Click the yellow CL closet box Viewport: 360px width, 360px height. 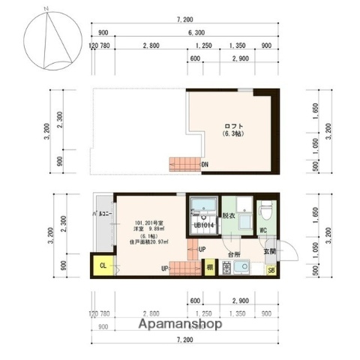pyautogui.click(x=102, y=264)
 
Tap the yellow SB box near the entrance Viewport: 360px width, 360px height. pyautogui.click(x=271, y=270)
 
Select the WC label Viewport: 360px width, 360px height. pyautogui.click(x=263, y=230)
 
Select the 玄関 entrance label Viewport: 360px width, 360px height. pyautogui.click(x=270, y=251)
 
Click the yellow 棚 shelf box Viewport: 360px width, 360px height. pyautogui.click(x=211, y=266)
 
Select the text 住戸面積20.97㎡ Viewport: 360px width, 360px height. pyautogui.click(x=151, y=240)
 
